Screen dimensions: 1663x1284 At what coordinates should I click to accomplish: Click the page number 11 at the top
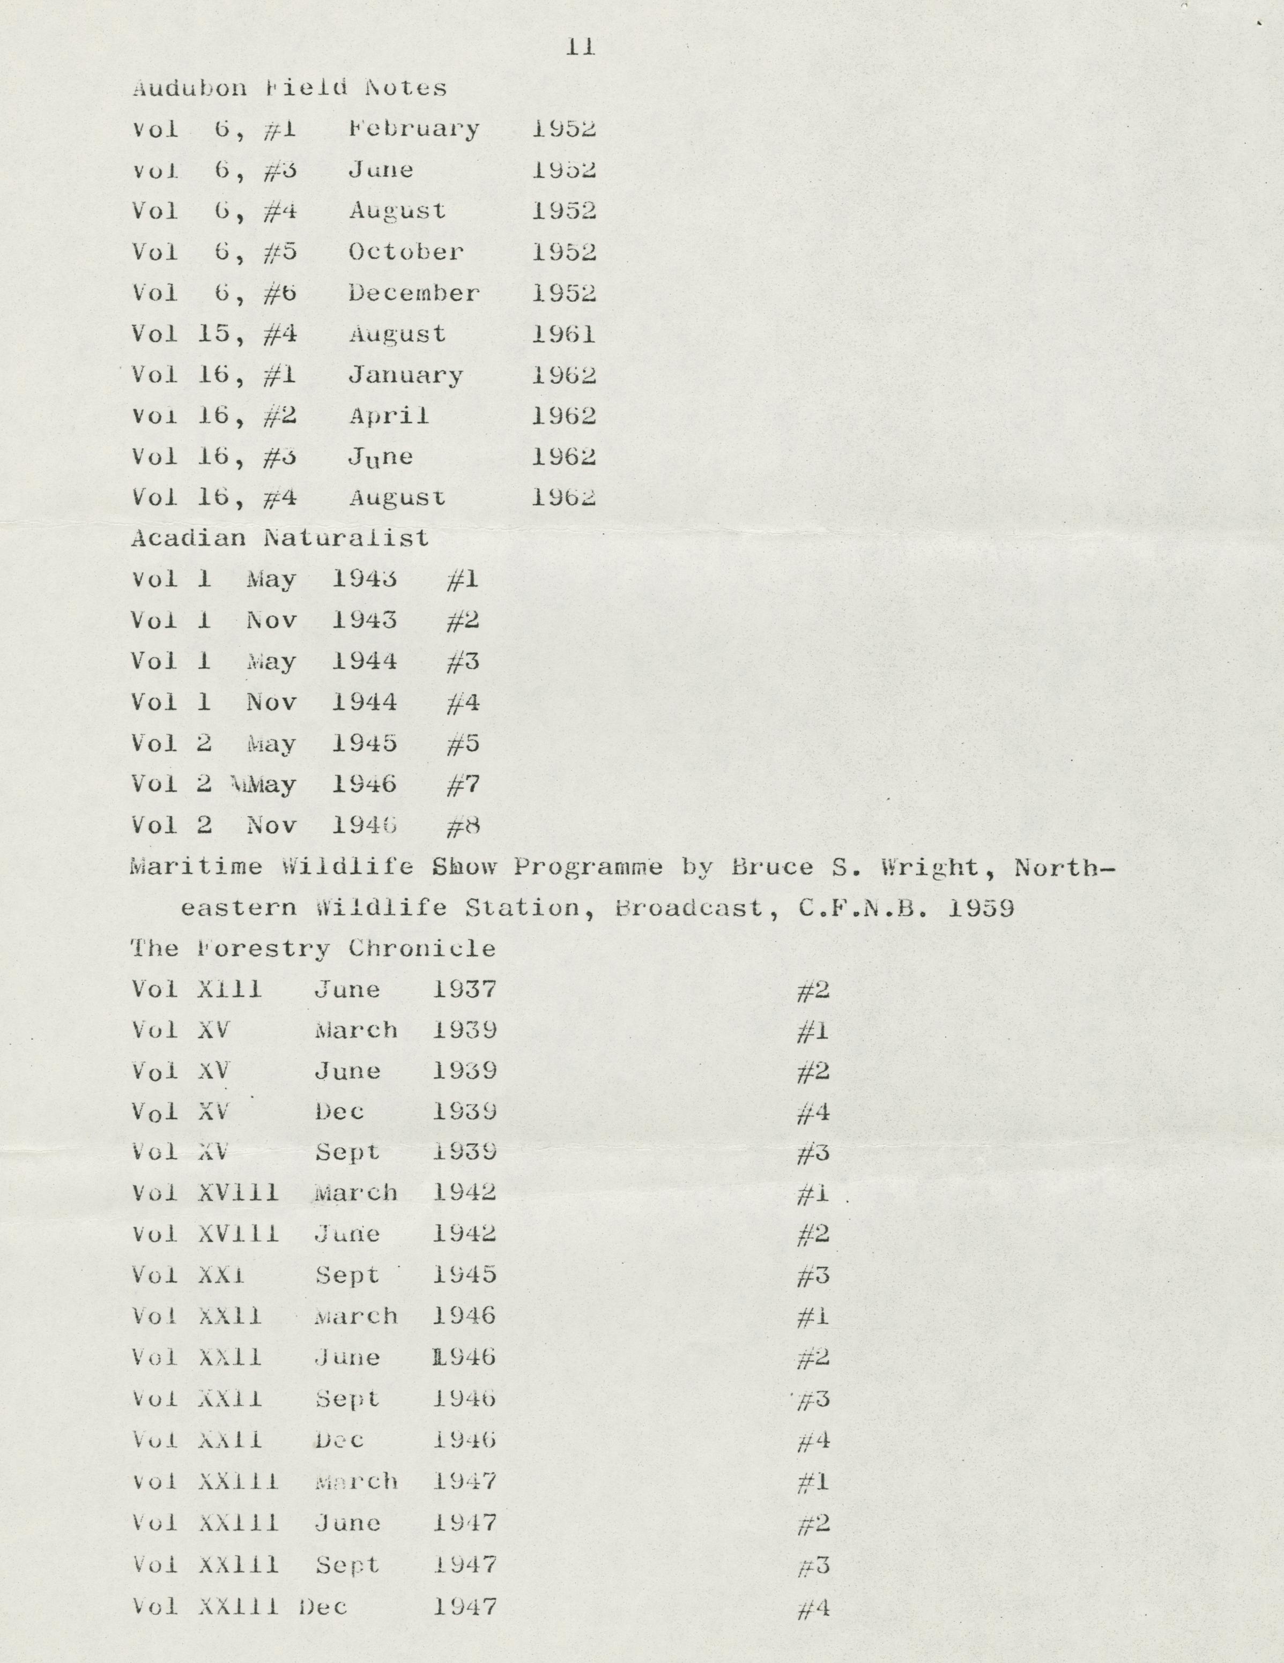580,47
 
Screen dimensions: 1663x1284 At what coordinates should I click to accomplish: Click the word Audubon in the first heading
190,88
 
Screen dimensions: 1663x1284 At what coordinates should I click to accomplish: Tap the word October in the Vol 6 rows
406,252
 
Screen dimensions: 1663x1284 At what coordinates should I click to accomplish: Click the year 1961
563,334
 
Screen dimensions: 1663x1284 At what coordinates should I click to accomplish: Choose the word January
406,375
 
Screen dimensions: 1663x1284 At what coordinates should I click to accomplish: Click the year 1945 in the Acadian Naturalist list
364,743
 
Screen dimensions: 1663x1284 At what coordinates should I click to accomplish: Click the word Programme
587,867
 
